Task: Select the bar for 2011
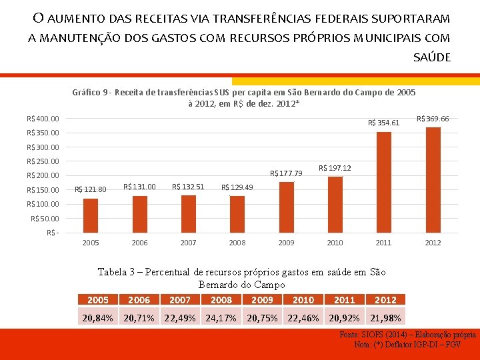pyautogui.click(x=384, y=183)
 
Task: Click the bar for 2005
pyautogui.click(x=91, y=216)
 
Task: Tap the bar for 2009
pyautogui.click(x=287, y=207)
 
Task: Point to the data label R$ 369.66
pyautogui.click(x=433, y=119)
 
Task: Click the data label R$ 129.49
pyautogui.click(x=237, y=187)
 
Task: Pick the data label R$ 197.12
pyautogui.click(x=335, y=168)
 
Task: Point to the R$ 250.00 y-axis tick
pyautogui.click(x=43, y=161)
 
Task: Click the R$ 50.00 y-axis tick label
pyautogui.click(x=45, y=219)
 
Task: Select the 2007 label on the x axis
pyautogui.click(x=188, y=243)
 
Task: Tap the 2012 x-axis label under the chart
pyautogui.click(x=433, y=243)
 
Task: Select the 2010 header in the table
pyautogui.click(x=303, y=300)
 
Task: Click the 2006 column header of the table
pyautogui.click(x=139, y=300)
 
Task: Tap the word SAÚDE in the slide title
pyautogui.click(x=432, y=57)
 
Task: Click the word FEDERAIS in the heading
pyautogui.click(x=341, y=19)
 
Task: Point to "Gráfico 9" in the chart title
pyautogui.click(x=89, y=93)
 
